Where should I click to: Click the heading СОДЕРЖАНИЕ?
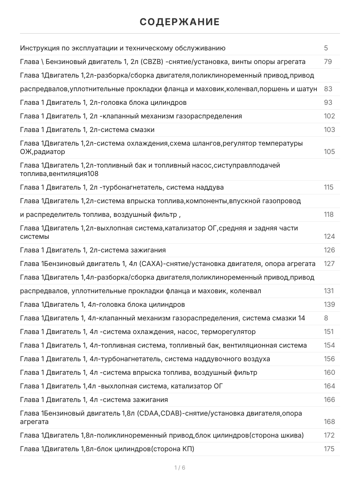click(x=180, y=22)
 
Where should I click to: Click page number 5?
click(x=326, y=48)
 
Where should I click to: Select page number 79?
click(x=328, y=62)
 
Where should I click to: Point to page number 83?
click(x=328, y=89)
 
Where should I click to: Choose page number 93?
click(x=328, y=103)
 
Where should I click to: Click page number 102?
click(x=329, y=116)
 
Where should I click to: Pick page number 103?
click(x=329, y=130)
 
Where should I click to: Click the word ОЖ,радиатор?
click(x=42, y=152)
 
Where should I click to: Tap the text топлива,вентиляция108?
click(x=59, y=174)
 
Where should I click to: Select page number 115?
click(x=328, y=188)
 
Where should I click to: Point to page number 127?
click(x=329, y=264)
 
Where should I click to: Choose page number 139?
click(x=329, y=305)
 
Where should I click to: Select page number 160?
click(x=329, y=373)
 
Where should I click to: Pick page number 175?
click(x=329, y=449)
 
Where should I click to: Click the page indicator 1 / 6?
click(x=180, y=468)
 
